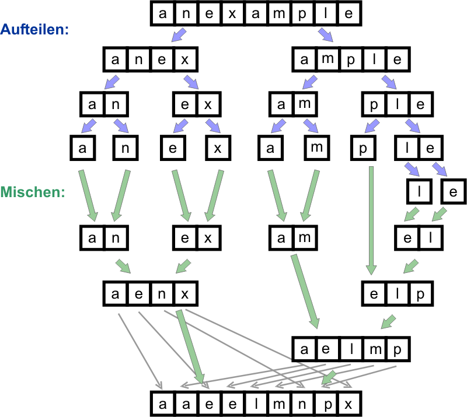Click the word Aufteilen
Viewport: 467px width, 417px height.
35,29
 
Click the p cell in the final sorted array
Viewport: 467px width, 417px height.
325,404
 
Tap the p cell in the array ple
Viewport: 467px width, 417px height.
374,104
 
